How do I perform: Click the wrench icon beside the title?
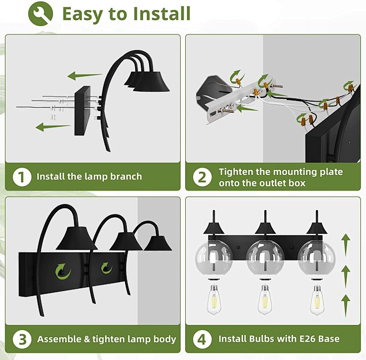(x=41, y=13)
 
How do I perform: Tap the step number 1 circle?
(x=22, y=177)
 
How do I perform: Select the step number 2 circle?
(x=202, y=177)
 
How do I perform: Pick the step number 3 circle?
(x=22, y=339)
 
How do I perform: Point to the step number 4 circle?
(x=202, y=339)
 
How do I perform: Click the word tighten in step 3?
(x=107, y=339)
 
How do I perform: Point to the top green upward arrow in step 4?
(x=345, y=245)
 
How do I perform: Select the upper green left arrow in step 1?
(x=85, y=76)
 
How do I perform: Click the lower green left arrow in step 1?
(x=53, y=127)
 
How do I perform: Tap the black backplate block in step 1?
(x=82, y=111)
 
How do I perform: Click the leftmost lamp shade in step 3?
(x=77, y=238)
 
